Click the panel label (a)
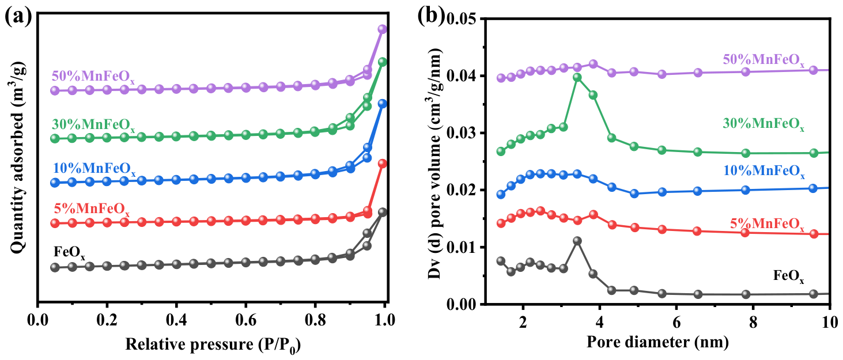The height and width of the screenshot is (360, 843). [x=18, y=17]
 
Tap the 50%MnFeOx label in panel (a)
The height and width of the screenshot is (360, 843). [x=93, y=77]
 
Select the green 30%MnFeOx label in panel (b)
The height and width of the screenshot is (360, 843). [x=763, y=124]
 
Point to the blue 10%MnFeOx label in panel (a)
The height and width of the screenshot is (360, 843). [x=94, y=169]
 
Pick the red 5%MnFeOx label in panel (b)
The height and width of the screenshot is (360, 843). [x=767, y=225]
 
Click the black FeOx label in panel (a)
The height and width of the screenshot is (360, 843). [x=69, y=252]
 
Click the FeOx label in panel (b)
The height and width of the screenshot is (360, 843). [x=788, y=276]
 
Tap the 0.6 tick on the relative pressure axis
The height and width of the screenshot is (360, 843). [x=245, y=320]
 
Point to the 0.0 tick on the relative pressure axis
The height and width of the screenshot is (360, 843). [x=37, y=320]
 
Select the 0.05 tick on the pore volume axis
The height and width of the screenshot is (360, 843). [x=460, y=19]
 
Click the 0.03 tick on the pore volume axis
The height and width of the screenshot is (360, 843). [x=460, y=134]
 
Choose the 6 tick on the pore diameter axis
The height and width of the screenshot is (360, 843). [x=676, y=322]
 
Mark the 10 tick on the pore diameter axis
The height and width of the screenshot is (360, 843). [x=829, y=322]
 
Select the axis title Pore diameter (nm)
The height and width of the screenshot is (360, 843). [x=657, y=342]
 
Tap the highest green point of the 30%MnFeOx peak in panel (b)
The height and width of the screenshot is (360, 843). [x=577, y=78]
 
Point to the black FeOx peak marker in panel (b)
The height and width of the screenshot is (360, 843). [x=577, y=241]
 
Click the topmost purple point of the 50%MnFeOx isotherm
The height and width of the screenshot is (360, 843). [x=383, y=29]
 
